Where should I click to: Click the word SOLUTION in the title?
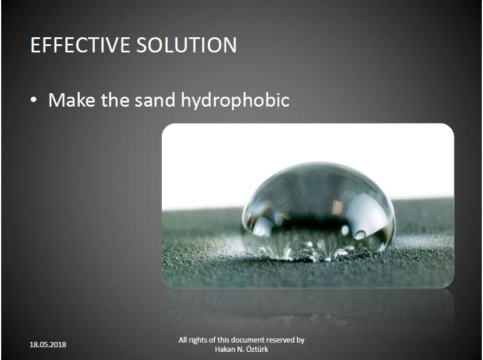point(187,45)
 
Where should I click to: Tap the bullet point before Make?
point(34,100)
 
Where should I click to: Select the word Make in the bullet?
point(72,100)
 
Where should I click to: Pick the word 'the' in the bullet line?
point(115,100)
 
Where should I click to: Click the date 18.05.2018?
point(48,345)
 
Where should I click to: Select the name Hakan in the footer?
point(224,349)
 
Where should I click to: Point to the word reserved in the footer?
point(280,340)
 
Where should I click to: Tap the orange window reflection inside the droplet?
point(338,204)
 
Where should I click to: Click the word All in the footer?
point(183,340)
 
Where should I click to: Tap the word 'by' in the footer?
point(301,341)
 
